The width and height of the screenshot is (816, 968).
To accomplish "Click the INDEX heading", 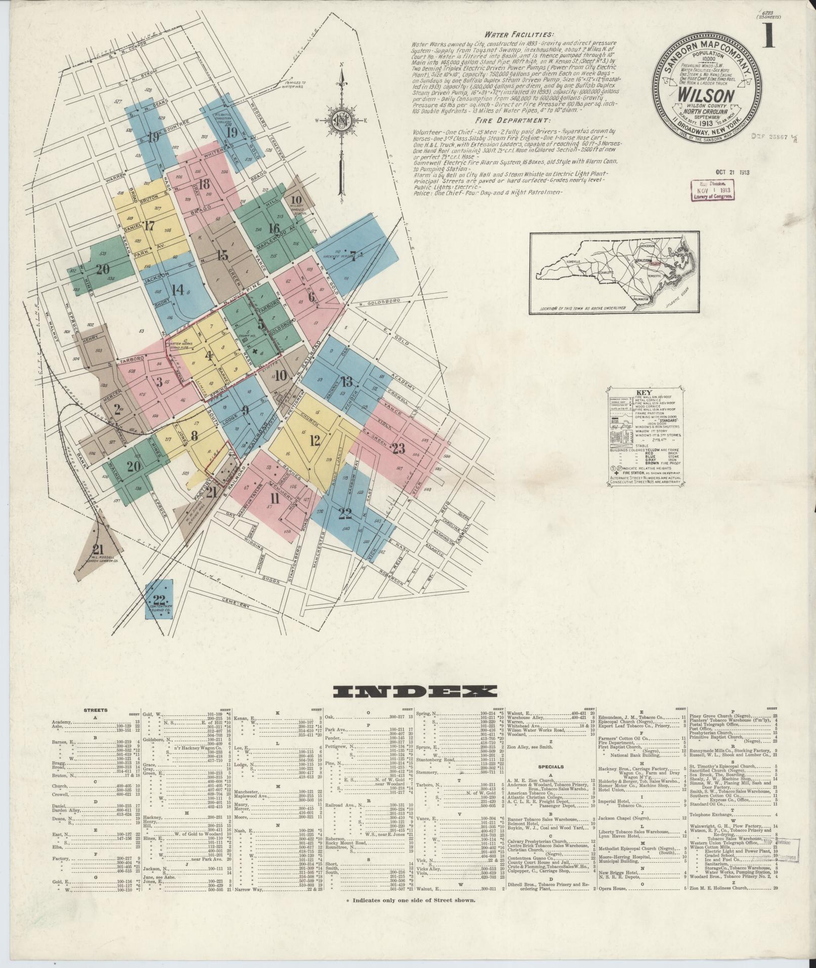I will pos(408,692).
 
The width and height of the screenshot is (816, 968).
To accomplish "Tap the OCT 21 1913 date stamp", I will pos(732,172).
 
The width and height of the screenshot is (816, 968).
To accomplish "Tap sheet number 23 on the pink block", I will pos(399,446).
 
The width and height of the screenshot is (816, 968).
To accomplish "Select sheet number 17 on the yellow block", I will pos(149,226).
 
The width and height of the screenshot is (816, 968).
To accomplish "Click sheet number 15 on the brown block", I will pos(223,255).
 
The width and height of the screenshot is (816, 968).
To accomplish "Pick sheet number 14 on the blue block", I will pos(177,290).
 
